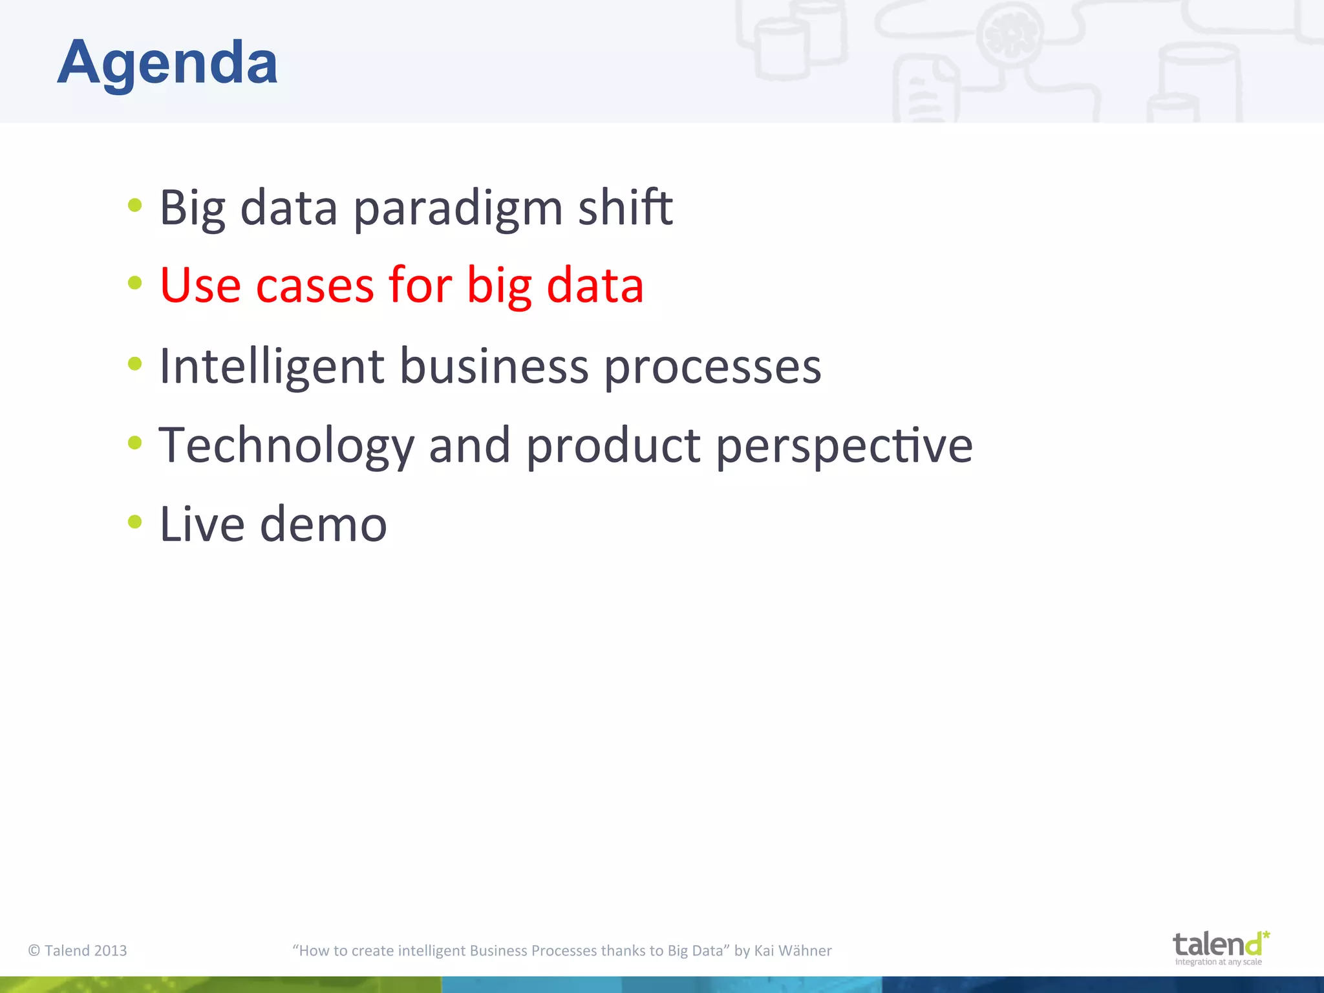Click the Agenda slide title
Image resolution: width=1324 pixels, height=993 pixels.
coord(167,63)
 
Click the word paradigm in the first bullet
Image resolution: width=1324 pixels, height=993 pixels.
coord(458,208)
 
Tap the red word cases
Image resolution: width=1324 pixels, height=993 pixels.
coord(315,286)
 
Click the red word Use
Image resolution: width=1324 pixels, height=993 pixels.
coord(200,286)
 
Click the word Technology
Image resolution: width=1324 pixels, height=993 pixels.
coord(286,446)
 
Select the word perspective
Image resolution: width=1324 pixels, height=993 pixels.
coord(844,446)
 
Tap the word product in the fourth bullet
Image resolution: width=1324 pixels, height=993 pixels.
coord(613,446)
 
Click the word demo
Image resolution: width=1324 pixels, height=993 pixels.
coord(323,524)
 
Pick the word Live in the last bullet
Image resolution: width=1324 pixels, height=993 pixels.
coord(202,524)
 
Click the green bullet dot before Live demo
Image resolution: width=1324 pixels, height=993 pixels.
coord(134,522)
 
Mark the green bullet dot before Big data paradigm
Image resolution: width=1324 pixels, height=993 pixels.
coord(134,206)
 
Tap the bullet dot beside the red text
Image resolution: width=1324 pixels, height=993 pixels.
coord(134,283)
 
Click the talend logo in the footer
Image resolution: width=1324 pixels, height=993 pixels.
coord(1217,947)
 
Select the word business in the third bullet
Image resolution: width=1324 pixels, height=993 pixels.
coord(494,367)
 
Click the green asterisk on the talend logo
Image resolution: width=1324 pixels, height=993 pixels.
coord(1266,935)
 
